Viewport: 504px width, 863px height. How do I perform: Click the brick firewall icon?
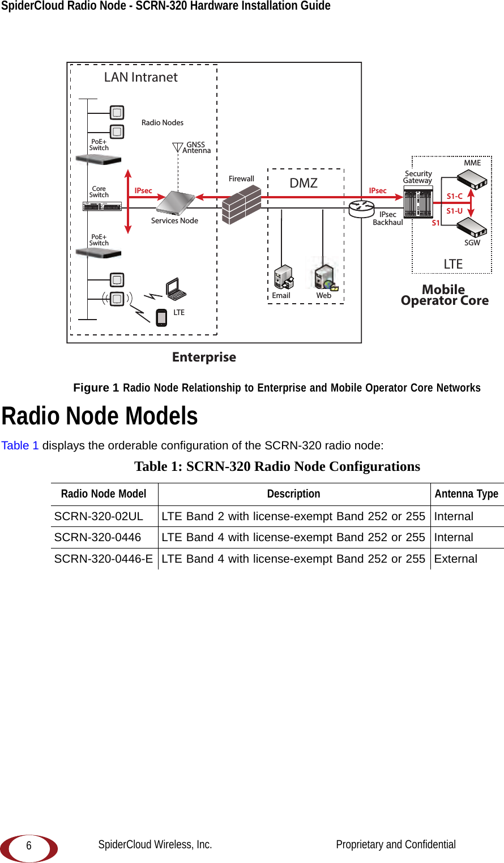point(241,205)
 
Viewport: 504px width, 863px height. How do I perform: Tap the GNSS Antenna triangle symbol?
point(177,148)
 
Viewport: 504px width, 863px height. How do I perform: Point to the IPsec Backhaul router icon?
point(361,208)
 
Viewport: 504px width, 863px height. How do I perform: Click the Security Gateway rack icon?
point(418,203)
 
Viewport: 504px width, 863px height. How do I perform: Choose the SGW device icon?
point(472,227)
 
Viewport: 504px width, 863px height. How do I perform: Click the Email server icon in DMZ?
point(283,277)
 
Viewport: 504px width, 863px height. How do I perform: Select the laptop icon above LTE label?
point(176,289)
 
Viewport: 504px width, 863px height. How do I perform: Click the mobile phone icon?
point(161,317)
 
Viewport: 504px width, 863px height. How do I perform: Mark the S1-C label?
point(454,197)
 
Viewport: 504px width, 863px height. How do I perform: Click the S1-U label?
point(454,211)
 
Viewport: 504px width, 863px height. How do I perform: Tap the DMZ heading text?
point(304,183)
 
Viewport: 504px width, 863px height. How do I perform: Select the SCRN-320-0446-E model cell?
point(104,559)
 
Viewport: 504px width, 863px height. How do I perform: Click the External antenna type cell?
point(456,559)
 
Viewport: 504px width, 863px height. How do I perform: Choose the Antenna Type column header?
point(467,494)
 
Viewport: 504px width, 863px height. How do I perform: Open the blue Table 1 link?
point(20,445)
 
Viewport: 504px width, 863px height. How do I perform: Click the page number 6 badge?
point(29,847)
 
